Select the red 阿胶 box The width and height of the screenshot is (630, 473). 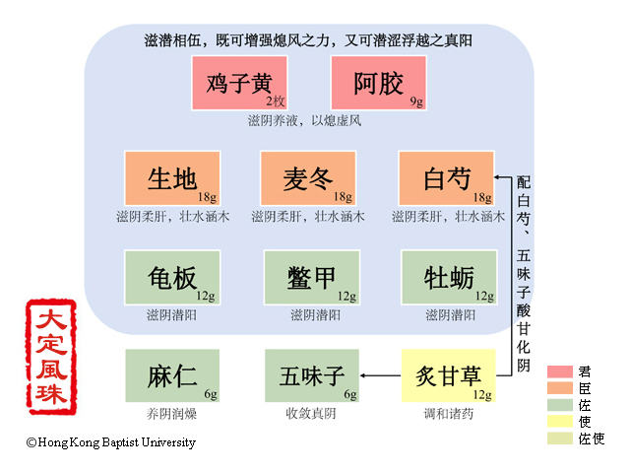pyautogui.click(x=379, y=83)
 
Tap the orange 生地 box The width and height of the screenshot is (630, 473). pyautogui.click(x=172, y=178)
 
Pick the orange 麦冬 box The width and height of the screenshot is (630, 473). pyautogui.click(x=308, y=178)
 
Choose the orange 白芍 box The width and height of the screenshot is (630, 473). pyautogui.click(x=446, y=178)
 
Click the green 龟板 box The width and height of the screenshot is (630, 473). pyautogui.click(x=172, y=278)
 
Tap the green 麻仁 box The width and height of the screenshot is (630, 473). pyautogui.click(x=172, y=375)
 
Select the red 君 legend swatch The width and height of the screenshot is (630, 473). pyautogui.click(x=559, y=372)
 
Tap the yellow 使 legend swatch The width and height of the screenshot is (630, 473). pyautogui.click(x=559, y=422)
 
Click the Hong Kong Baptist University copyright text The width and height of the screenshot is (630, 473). pyautogui.click(x=110, y=442)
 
